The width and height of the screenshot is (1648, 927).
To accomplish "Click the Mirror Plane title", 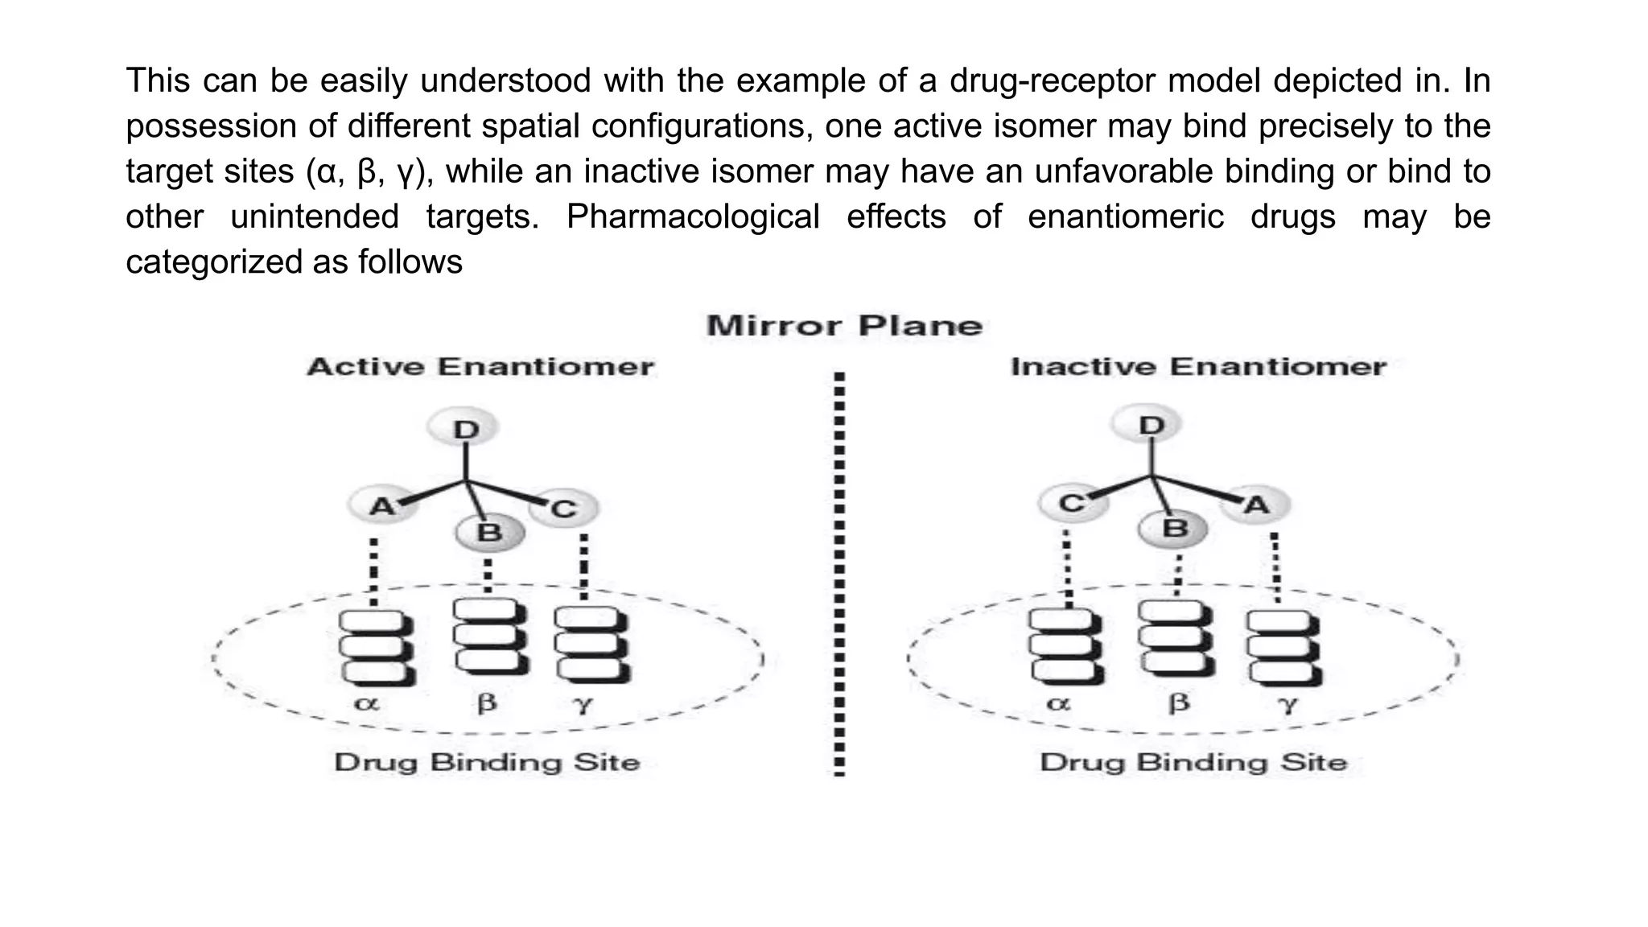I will point(844,326).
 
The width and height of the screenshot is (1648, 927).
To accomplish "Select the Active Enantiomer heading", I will point(480,367).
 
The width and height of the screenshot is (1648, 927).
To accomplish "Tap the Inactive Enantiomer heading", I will point(1198,367).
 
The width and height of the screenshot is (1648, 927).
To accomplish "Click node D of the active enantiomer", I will point(465,428).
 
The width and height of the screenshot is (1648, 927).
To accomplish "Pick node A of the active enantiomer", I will point(382,506).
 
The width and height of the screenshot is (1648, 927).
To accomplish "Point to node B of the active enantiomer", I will point(489,532).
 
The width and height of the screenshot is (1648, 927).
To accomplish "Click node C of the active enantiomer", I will point(563,509).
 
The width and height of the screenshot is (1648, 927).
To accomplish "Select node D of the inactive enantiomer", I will point(1152,425).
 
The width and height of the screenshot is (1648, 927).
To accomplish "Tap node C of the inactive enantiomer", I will point(1071,504).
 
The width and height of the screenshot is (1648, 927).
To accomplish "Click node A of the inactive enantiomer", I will point(1255,505).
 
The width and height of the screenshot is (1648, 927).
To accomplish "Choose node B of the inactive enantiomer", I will point(1175,529).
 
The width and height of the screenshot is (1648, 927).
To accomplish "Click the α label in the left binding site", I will point(366,703).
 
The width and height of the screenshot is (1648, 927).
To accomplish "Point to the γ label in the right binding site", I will point(1288,704).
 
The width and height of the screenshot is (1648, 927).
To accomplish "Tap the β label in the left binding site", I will point(487,703).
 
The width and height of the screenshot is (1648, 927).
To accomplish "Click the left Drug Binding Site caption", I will point(487,762).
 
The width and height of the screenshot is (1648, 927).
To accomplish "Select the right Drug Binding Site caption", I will point(1193,762).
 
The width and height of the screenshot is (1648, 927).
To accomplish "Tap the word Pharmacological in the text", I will point(692,216).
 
